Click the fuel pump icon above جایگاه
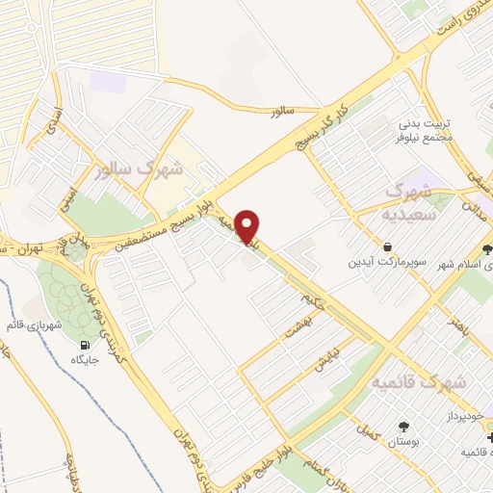86,347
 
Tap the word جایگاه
86,361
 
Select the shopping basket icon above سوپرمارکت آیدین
386,247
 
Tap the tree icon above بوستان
402,427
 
